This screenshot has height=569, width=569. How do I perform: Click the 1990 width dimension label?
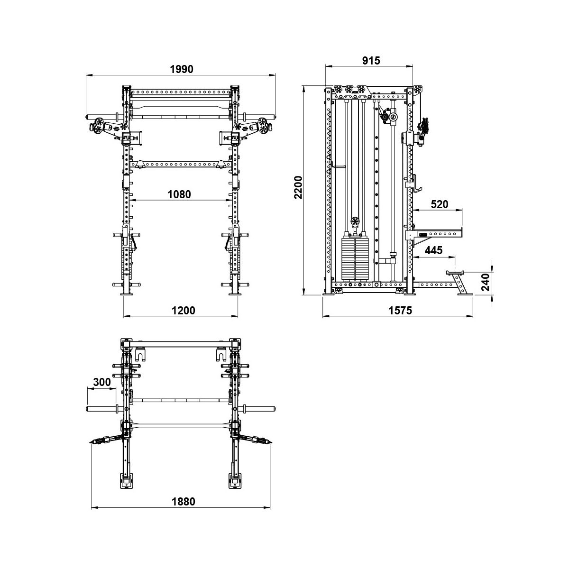point(182,69)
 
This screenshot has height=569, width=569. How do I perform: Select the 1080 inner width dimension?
point(179,194)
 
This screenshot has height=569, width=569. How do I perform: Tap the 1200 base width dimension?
point(184,310)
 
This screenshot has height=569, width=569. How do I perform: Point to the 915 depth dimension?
point(371,61)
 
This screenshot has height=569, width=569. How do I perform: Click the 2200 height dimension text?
point(299,187)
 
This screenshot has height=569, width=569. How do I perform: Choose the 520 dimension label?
point(440,204)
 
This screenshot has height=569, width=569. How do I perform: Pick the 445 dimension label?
point(433,250)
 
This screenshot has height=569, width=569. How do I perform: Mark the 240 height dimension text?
point(486,283)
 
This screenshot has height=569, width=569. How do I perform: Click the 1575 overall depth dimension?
point(400,310)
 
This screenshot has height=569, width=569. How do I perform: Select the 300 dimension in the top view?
point(102,382)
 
